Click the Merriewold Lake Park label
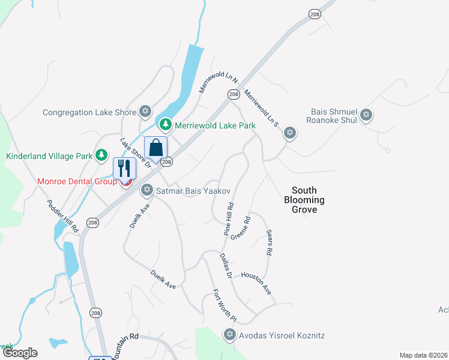(x=215, y=125)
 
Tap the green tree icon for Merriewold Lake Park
(x=165, y=125)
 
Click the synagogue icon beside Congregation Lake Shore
(x=145, y=112)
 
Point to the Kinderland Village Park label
(x=49, y=156)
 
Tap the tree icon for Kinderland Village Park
(x=102, y=156)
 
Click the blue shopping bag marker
(x=155, y=148)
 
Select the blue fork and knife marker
(x=124, y=168)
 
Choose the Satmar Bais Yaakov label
(x=193, y=191)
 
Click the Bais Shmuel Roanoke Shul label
(x=334, y=116)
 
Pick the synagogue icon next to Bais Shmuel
(x=366, y=115)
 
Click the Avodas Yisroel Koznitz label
(x=282, y=335)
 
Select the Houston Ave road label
(x=256, y=283)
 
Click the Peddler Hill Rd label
(x=62, y=216)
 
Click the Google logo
(x=20, y=353)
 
